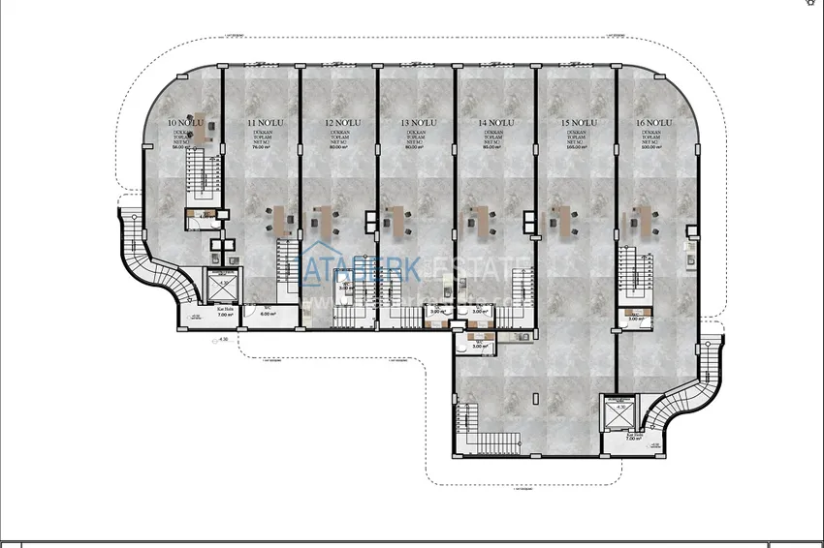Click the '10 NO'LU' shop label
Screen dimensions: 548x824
click(x=183, y=123)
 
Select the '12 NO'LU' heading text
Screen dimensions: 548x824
click(x=342, y=123)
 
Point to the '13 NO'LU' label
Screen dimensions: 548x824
click(x=417, y=123)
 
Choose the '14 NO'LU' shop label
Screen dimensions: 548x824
click(x=495, y=123)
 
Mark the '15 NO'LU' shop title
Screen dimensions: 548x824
click(x=578, y=123)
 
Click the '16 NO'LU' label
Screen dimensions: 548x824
click(x=655, y=123)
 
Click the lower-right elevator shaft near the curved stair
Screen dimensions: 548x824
click(x=618, y=413)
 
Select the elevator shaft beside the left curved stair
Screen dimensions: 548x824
click(x=224, y=288)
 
